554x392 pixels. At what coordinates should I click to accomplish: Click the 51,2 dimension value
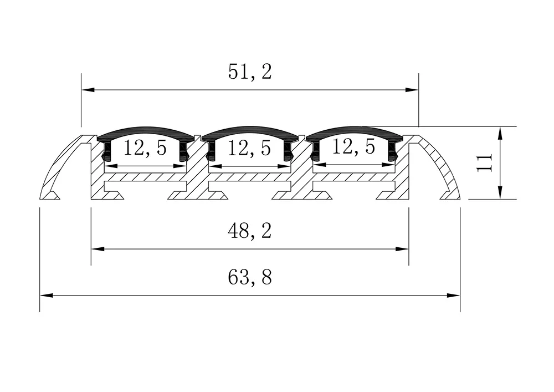[x=250, y=72]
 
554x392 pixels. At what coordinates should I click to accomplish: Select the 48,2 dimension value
[x=250, y=231]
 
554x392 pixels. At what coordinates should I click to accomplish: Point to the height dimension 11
[x=485, y=163]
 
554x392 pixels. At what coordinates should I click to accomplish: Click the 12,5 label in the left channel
[x=145, y=148]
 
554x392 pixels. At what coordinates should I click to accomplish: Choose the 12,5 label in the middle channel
[x=249, y=148]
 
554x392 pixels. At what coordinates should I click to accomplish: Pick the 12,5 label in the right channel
[x=354, y=147]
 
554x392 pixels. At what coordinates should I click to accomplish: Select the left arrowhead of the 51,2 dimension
[x=87, y=89]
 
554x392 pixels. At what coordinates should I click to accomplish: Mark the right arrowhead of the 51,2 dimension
[x=413, y=89]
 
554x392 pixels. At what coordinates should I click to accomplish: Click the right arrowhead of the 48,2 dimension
[x=403, y=250]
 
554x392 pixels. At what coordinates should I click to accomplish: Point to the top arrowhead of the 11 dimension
[x=500, y=132]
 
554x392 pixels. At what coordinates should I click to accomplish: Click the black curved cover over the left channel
[x=146, y=133]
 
